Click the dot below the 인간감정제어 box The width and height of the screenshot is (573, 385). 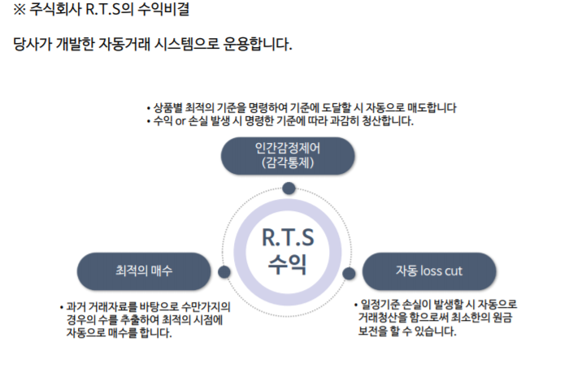[289, 188]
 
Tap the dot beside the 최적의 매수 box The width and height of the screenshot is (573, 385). [225, 271]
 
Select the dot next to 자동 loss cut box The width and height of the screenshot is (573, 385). [349, 273]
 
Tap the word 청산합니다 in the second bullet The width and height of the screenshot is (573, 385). [387, 121]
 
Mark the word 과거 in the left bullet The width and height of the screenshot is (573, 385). [77, 307]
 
